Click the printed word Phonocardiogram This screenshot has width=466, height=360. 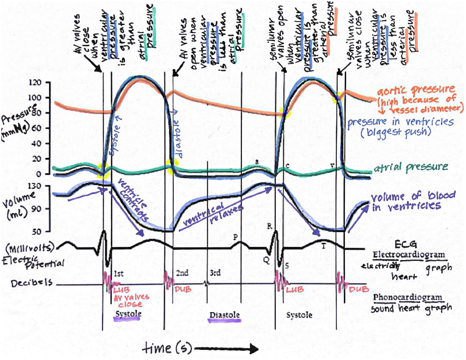pyautogui.click(x=407, y=298)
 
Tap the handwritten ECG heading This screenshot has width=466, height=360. pyautogui.click(x=405, y=244)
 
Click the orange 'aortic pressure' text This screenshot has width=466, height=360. pyautogui.click(x=415, y=90)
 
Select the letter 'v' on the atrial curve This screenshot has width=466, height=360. pyautogui.click(x=332, y=165)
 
